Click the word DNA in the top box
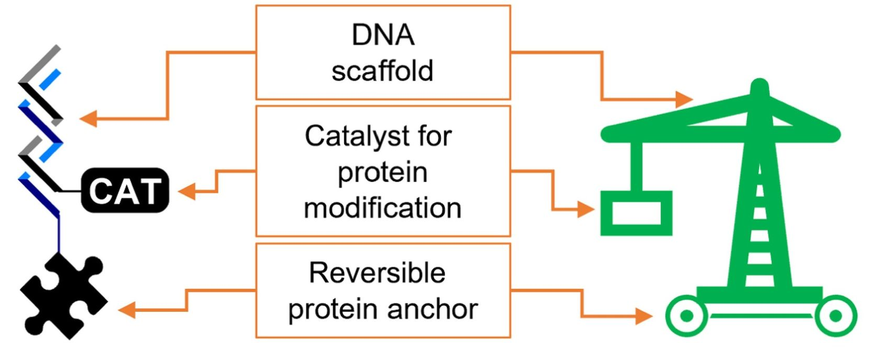pyautogui.click(x=383, y=36)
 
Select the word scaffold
pyautogui.click(x=382, y=71)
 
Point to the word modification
pyautogui.click(x=382, y=208)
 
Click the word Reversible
pyautogui.click(x=377, y=273)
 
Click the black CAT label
pyautogui.click(x=125, y=190)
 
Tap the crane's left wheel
pyautogui.click(x=686, y=316)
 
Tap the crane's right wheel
pyautogui.click(x=835, y=316)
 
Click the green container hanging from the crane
pyautogui.click(x=636, y=213)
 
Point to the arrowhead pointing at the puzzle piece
pyautogui.click(x=127, y=310)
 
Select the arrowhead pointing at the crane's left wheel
pyautogui.click(x=644, y=316)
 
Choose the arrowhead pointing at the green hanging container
pyautogui.click(x=586, y=210)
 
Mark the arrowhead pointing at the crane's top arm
pyautogui.click(x=684, y=98)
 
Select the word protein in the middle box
pyautogui.click(x=382, y=172)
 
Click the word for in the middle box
pyautogui.click(x=435, y=137)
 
